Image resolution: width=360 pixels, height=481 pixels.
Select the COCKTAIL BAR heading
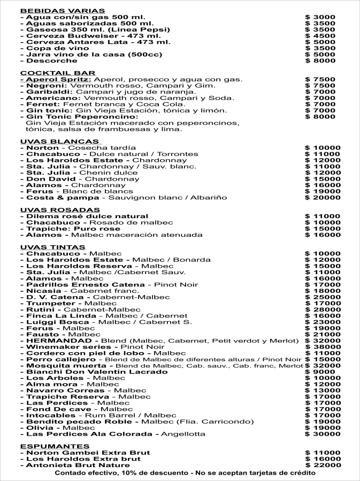pyautogui.click(x=58, y=73)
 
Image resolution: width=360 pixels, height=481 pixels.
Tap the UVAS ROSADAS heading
pyautogui.click(x=60, y=210)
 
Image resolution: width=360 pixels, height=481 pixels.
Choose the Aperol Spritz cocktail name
pyautogui.click(x=56, y=80)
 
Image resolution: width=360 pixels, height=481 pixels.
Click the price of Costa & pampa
pyautogui.click(x=323, y=197)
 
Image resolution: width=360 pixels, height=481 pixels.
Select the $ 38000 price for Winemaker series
pyautogui.click(x=323, y=347)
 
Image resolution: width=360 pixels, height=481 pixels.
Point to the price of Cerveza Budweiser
pyautogui.click(x=320, y=36)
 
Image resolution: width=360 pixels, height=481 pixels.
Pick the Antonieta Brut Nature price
pyautogui.click(x=323, y=465)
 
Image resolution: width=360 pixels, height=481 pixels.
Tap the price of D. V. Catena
pyautogui.click(x=323, y=297)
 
